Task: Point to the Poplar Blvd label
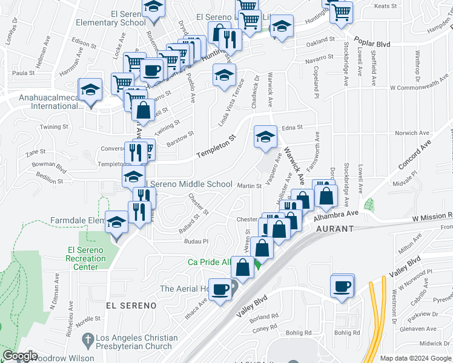[373, 44]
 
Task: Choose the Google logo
[20, 356]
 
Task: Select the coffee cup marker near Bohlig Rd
[343, 286]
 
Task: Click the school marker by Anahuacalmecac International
[91, 91]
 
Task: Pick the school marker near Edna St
[265, 137]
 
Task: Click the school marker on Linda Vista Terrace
[224, 76]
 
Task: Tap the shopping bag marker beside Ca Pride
[242, 268]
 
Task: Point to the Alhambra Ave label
[336, 214]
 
